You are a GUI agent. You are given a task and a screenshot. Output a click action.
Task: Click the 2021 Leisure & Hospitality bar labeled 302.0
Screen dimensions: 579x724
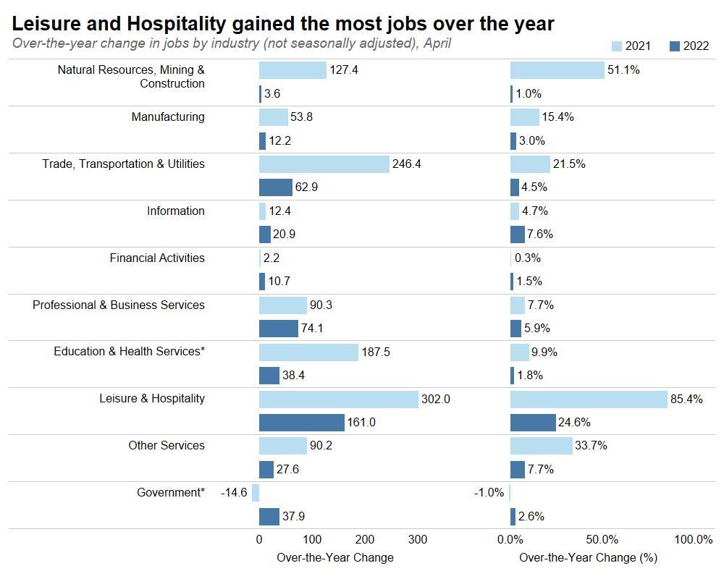[x=339, y=399]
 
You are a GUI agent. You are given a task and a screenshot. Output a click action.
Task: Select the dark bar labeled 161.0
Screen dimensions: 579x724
[x=302, y=422]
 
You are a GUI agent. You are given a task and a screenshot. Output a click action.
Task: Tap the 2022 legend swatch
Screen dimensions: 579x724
[x=675, y=46]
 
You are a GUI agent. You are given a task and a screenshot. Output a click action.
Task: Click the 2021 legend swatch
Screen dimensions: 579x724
[x=617, y=46]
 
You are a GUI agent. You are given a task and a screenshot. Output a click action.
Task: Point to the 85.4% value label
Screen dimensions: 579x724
[x=686, y=399]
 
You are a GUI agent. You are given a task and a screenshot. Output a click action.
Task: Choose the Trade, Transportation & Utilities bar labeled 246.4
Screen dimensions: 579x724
[x=324, y=164]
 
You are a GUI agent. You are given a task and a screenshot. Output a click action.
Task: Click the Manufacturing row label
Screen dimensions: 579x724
[x=168, y=117]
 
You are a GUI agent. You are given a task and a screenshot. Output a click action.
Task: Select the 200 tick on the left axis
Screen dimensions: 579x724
[x=365, y=540]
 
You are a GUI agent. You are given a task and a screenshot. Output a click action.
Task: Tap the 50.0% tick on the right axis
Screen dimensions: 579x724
[x=602, y=540]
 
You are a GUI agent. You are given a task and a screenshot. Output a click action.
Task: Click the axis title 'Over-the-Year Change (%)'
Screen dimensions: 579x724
[x=588, y=558]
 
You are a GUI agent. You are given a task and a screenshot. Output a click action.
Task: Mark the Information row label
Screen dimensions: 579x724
[x=176, y=211]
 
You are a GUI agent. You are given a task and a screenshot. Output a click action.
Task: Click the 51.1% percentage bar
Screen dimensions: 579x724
[x=557, y=70]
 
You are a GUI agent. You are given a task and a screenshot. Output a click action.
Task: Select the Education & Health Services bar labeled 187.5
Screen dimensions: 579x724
[x=308, y=352]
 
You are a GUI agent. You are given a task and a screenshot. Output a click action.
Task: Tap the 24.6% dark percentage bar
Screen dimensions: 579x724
[x=533, y=422]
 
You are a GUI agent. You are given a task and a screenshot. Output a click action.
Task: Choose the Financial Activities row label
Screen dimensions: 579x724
[x=157, y=258]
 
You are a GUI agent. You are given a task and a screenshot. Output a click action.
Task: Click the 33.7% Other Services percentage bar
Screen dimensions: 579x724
[x=541, y=446]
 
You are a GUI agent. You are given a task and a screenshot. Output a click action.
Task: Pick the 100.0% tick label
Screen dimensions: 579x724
[x=693, y=540]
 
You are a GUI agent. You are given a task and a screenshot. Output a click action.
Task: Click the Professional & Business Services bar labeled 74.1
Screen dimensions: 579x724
[x=279, y=329]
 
